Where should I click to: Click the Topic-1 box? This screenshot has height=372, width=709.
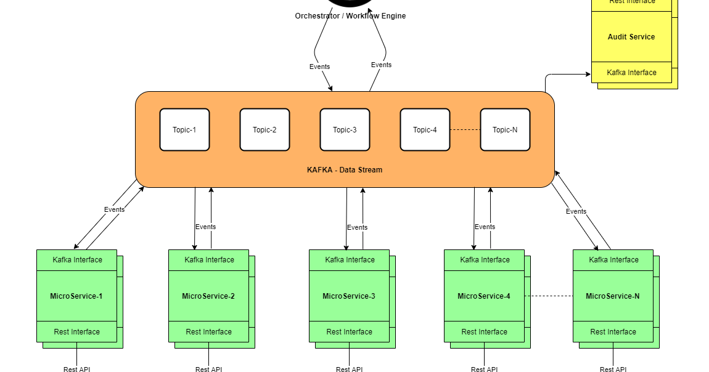click(184, 129)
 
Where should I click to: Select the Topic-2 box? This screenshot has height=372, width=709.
click(264, 129)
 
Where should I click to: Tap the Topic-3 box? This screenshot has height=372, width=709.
click(345, 129)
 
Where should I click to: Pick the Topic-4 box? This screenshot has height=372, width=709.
click(425, 129)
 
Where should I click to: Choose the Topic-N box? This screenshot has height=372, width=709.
click(505, 129)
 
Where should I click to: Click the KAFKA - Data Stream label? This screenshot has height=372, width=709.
click(345, 170)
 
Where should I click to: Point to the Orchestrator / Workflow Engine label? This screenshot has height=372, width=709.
click(350, 16)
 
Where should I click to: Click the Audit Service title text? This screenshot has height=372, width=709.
click(631, 37)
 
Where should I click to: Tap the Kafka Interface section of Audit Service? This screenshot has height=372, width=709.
click(631, 73)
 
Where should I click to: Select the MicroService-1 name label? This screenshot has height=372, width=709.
click(76, 296)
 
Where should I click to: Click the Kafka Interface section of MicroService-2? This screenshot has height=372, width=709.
click(209, 260)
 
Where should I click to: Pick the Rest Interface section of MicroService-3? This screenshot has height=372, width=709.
click(349, 332)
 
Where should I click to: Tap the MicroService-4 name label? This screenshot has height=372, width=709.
click(484, 296)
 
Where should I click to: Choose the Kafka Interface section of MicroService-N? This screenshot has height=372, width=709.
click(613, 260)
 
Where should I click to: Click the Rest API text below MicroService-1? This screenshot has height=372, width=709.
click(77, 370)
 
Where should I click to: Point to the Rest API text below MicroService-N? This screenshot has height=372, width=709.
click(613, 370)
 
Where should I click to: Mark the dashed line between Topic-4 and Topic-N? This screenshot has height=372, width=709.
click(465, 130)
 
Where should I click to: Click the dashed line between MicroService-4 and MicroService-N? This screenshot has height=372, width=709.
click(549, 296)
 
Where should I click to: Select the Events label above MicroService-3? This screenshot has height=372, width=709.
click(357, 227)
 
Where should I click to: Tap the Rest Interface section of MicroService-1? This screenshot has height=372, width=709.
click(76, 332)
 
